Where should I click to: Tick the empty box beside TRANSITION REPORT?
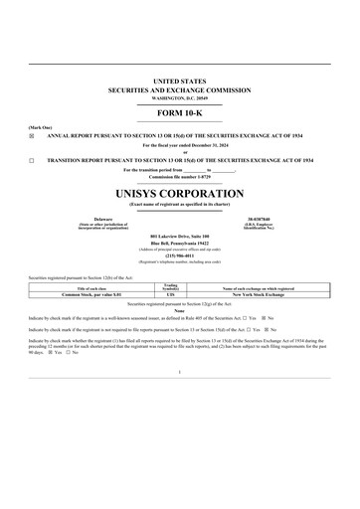coord(32,159)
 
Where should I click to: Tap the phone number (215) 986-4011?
coord(180,254)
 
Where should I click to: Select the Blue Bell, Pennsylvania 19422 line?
coord(180,244)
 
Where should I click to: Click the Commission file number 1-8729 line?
coord(180,176)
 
